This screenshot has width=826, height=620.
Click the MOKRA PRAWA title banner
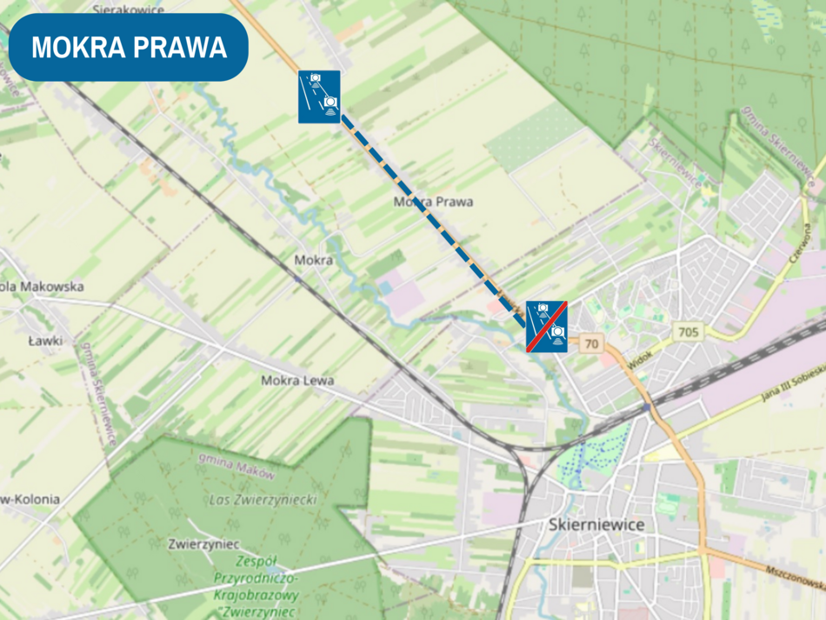(129, 47)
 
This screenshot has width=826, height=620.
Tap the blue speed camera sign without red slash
(319, 96)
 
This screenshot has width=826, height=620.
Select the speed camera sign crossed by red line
(547, 326)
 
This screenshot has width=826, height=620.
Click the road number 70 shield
(592, 343)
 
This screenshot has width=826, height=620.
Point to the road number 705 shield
(689, 331)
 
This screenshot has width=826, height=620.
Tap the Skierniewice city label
(596, 524)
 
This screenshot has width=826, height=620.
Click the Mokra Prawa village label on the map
(433, 202)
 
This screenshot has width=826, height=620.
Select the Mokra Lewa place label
(297, 381)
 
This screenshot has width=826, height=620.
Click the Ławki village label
(44, 341)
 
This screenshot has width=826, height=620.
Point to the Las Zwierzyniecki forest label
(263, 500)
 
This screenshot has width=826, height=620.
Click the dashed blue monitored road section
(430, 217)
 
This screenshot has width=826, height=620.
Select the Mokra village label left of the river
(313, 260)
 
